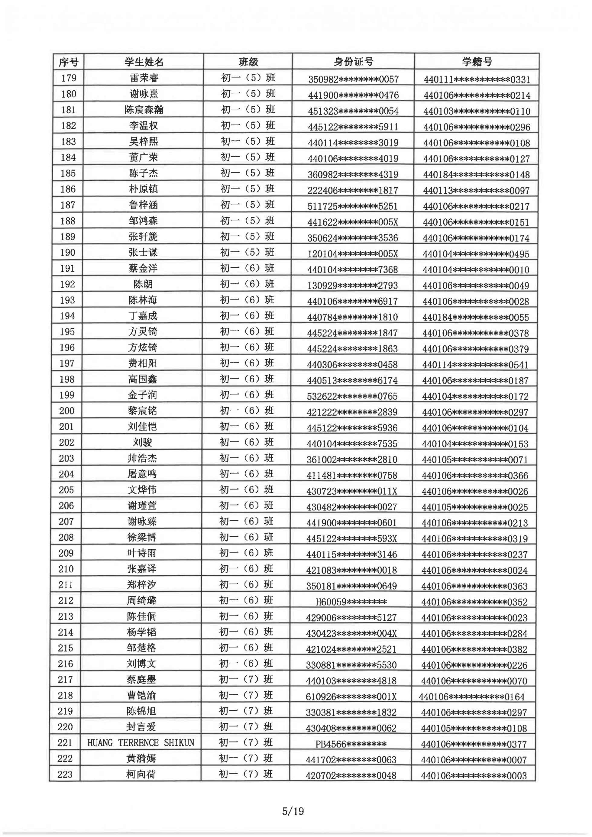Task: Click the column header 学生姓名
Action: pyautogui.click(x=144, y=62)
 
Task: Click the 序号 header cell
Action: pyautogui.click(x=69, y=62)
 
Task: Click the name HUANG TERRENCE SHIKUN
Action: pyautogui.click(x=141, y=743)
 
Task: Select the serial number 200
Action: pyautogui.click(x=67, y=411)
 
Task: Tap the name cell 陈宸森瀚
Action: pyautogui.click(x=144, y=110)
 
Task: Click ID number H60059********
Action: pyautogui.click(x=351, y=602)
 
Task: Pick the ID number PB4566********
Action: pyautogui.click(x=351, y=744)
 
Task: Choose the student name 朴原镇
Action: pyautogui.click(x=143, y=189)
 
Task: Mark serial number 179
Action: pyautogui.click(x=69, y=78)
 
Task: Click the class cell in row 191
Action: pyautogui.click(x=247, y=268)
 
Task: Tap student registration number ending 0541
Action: pyautogui.click(x=475, y=364)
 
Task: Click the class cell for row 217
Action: pyautogui.click(x=246, y=679)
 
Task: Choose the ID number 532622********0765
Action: pyautogui.click(x=352, y=396)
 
